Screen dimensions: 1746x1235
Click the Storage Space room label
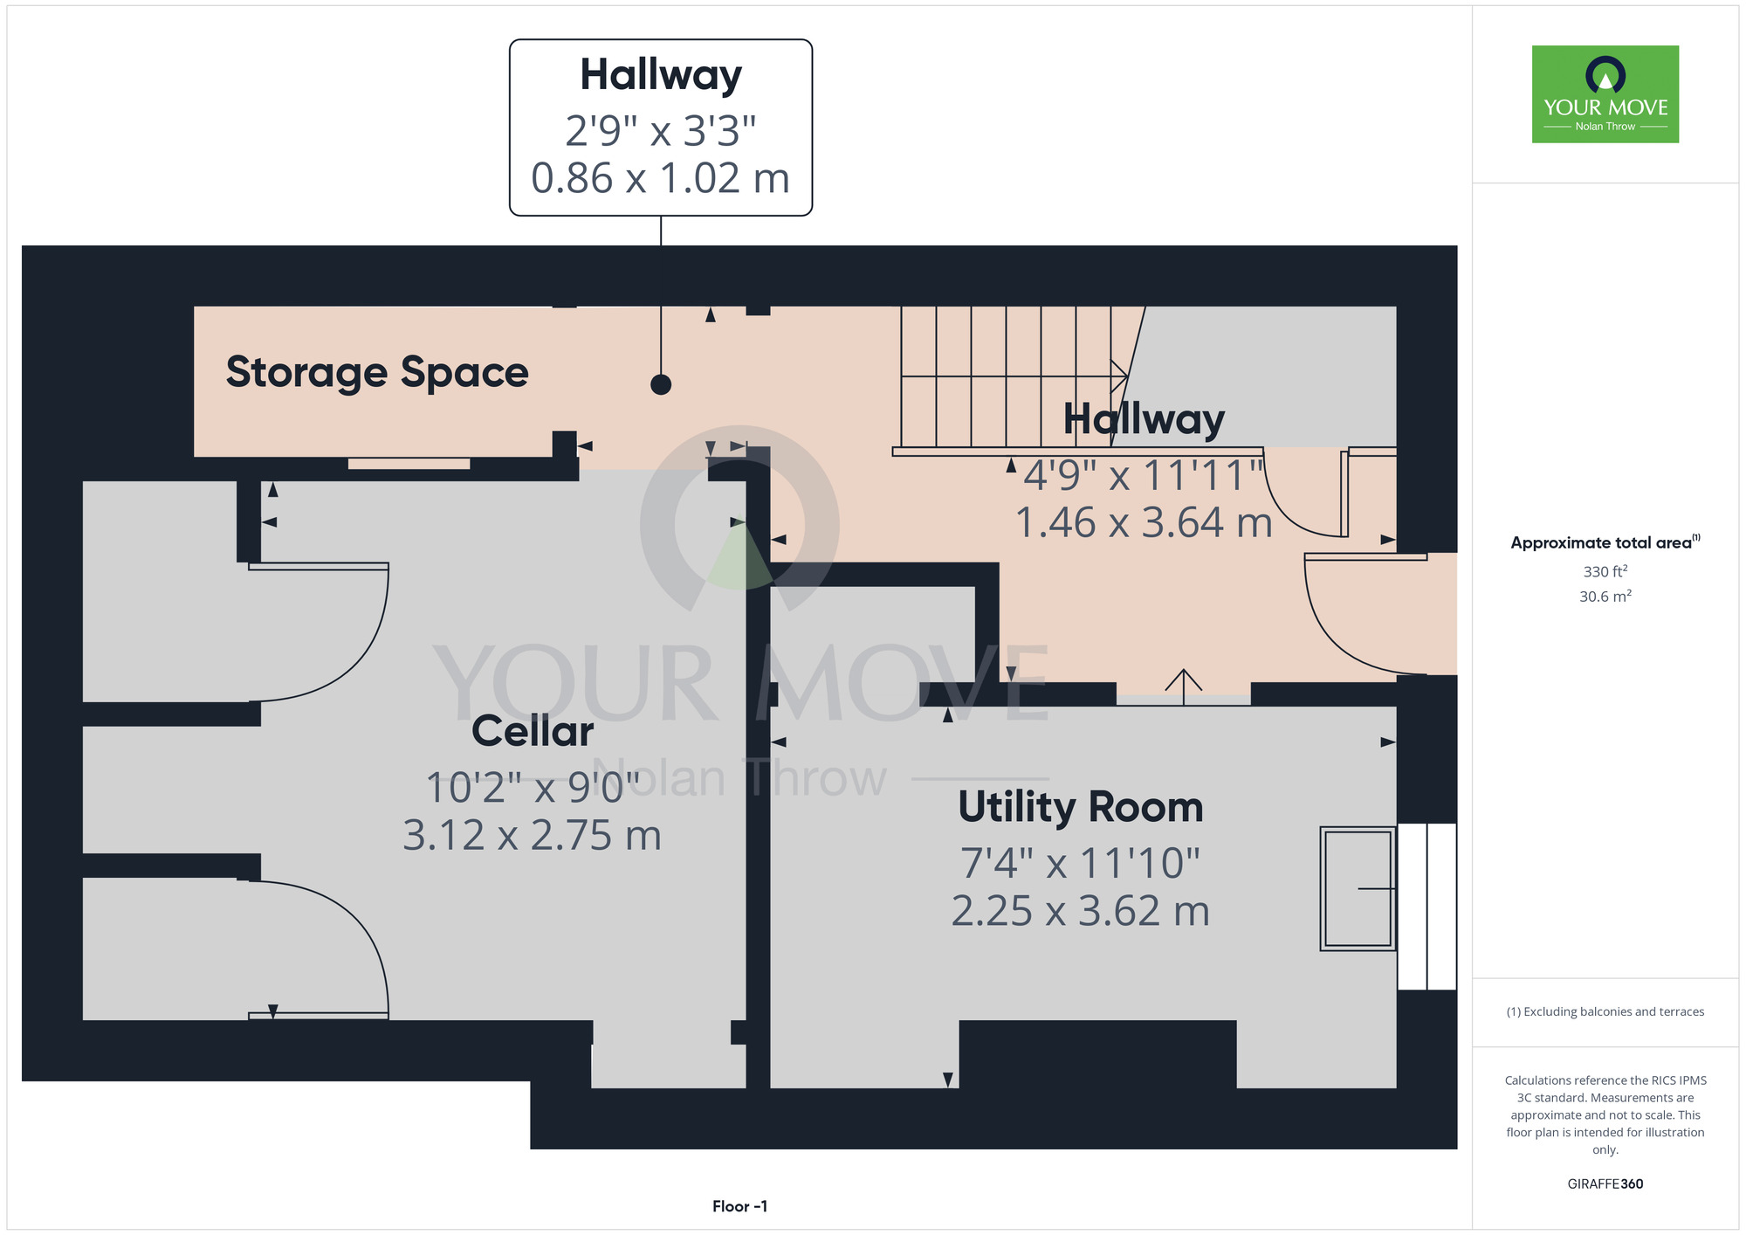coord(377,373)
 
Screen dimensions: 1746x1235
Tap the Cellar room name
coord(533,731)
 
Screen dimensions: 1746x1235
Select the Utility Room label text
coord(1081,808)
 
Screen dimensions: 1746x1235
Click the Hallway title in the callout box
coord(661,75)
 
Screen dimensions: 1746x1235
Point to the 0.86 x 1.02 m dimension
coord(661,178)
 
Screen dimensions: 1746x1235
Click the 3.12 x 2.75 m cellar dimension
coord(532,835)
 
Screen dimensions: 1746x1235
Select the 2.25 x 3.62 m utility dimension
coord(1081,911)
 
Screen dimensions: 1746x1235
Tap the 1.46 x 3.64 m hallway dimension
coord(1144,522)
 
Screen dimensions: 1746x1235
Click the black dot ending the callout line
coord(661,384)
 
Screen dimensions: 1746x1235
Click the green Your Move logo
coord(1605,94)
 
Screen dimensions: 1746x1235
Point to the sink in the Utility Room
coord(1358,888)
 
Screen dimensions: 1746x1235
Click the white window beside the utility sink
coord(1426,907)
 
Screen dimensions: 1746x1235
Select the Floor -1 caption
coord(739,1206)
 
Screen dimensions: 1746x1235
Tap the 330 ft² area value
coord(1605,571)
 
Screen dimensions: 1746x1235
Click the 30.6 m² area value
coord(1605,597)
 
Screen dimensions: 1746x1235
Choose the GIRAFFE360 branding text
coord(1605,1184)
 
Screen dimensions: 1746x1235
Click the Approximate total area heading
coord(1605,542)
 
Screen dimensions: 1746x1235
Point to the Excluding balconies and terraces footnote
coord(1605,1011)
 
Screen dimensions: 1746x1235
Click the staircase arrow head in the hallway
coord(1119,376)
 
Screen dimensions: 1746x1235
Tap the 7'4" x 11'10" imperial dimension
coord(1081,863)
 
